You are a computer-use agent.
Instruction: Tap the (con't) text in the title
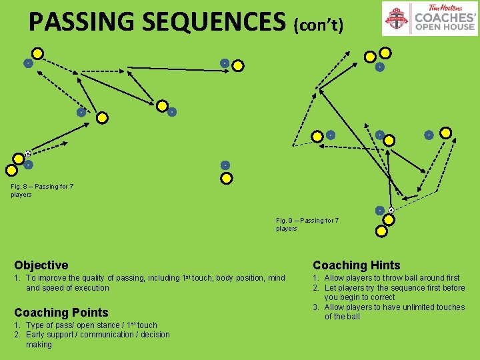point(319,25)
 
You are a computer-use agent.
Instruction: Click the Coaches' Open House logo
point(430,18)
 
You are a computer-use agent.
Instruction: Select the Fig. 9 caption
point(307,224)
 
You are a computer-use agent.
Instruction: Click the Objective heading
point(41,265)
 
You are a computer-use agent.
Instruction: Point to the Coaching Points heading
point(61,312)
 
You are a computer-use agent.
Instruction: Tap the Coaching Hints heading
point(357,265)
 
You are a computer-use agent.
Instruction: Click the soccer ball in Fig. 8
point(28,153)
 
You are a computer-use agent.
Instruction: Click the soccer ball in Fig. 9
point(391,210)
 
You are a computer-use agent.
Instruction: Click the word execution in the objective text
point(92,288)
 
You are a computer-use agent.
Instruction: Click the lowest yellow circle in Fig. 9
point(381,231)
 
